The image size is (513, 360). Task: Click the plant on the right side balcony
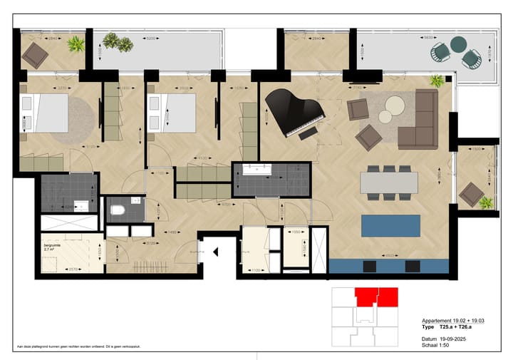click(486, 202)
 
